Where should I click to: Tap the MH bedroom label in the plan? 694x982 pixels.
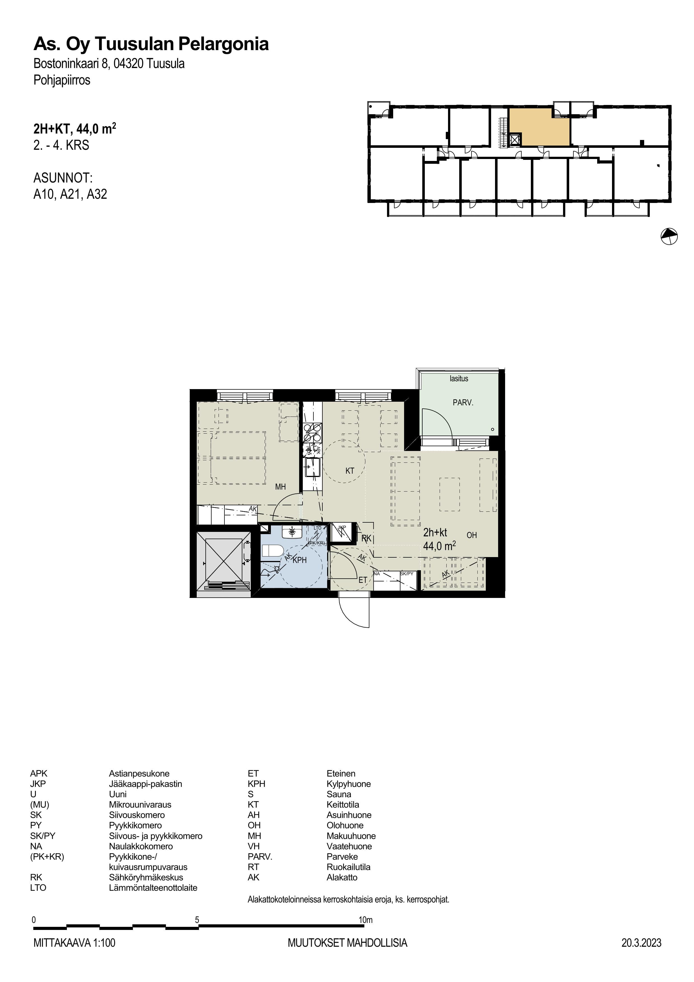pyautogui.click(x=280, y=487)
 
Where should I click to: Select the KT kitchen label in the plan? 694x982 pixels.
pyautogui.click(x=350, y=471)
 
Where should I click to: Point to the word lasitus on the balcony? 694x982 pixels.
pyautogui.click(x=459, y=378)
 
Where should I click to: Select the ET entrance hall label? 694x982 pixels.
pyautogui.click(x=363, y=580)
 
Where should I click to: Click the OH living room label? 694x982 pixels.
pyautogui.click(x=472, y=535)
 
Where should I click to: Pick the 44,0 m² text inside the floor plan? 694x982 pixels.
pyautogui.click(x=439, y=546)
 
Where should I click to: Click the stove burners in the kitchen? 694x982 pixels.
pyautogui.click(x=312, y=433)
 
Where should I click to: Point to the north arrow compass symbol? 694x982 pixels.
pyautogui.click(x=669, y=236)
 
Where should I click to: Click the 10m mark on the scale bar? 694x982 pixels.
pyautogui.click(x=365, y=920)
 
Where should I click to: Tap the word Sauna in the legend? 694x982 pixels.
pyautogui.click(x=339, y=794)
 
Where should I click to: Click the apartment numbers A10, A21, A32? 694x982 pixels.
pyautogui.click(x=70, y=194)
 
